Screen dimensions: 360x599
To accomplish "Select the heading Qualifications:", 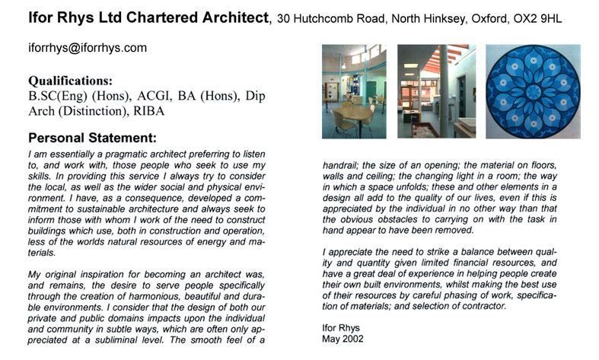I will (x=71, y=81).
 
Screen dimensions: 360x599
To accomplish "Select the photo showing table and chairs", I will (x=352, y=91).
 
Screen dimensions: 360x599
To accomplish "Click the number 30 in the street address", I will (x=283, y=17).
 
